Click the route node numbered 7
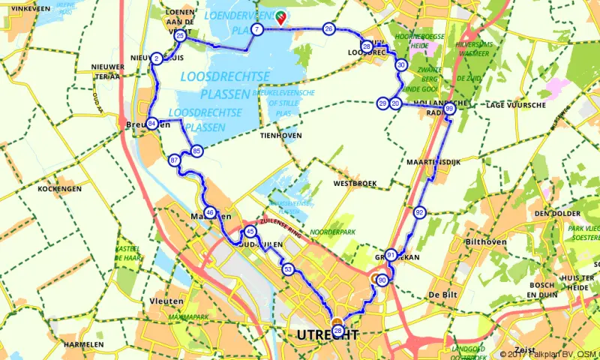[256, 30]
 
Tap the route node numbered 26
[328, 29]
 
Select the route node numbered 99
[449, 109]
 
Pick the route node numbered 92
[419, 213]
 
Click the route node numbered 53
[288, 268]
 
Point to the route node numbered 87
[175, 160]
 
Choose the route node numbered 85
[196, 151]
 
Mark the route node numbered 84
[152, 124]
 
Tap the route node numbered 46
[209, 213]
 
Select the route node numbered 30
[401, 65]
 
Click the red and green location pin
[281, 17]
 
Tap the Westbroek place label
[352, 183]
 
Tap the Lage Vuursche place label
[515, 105]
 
